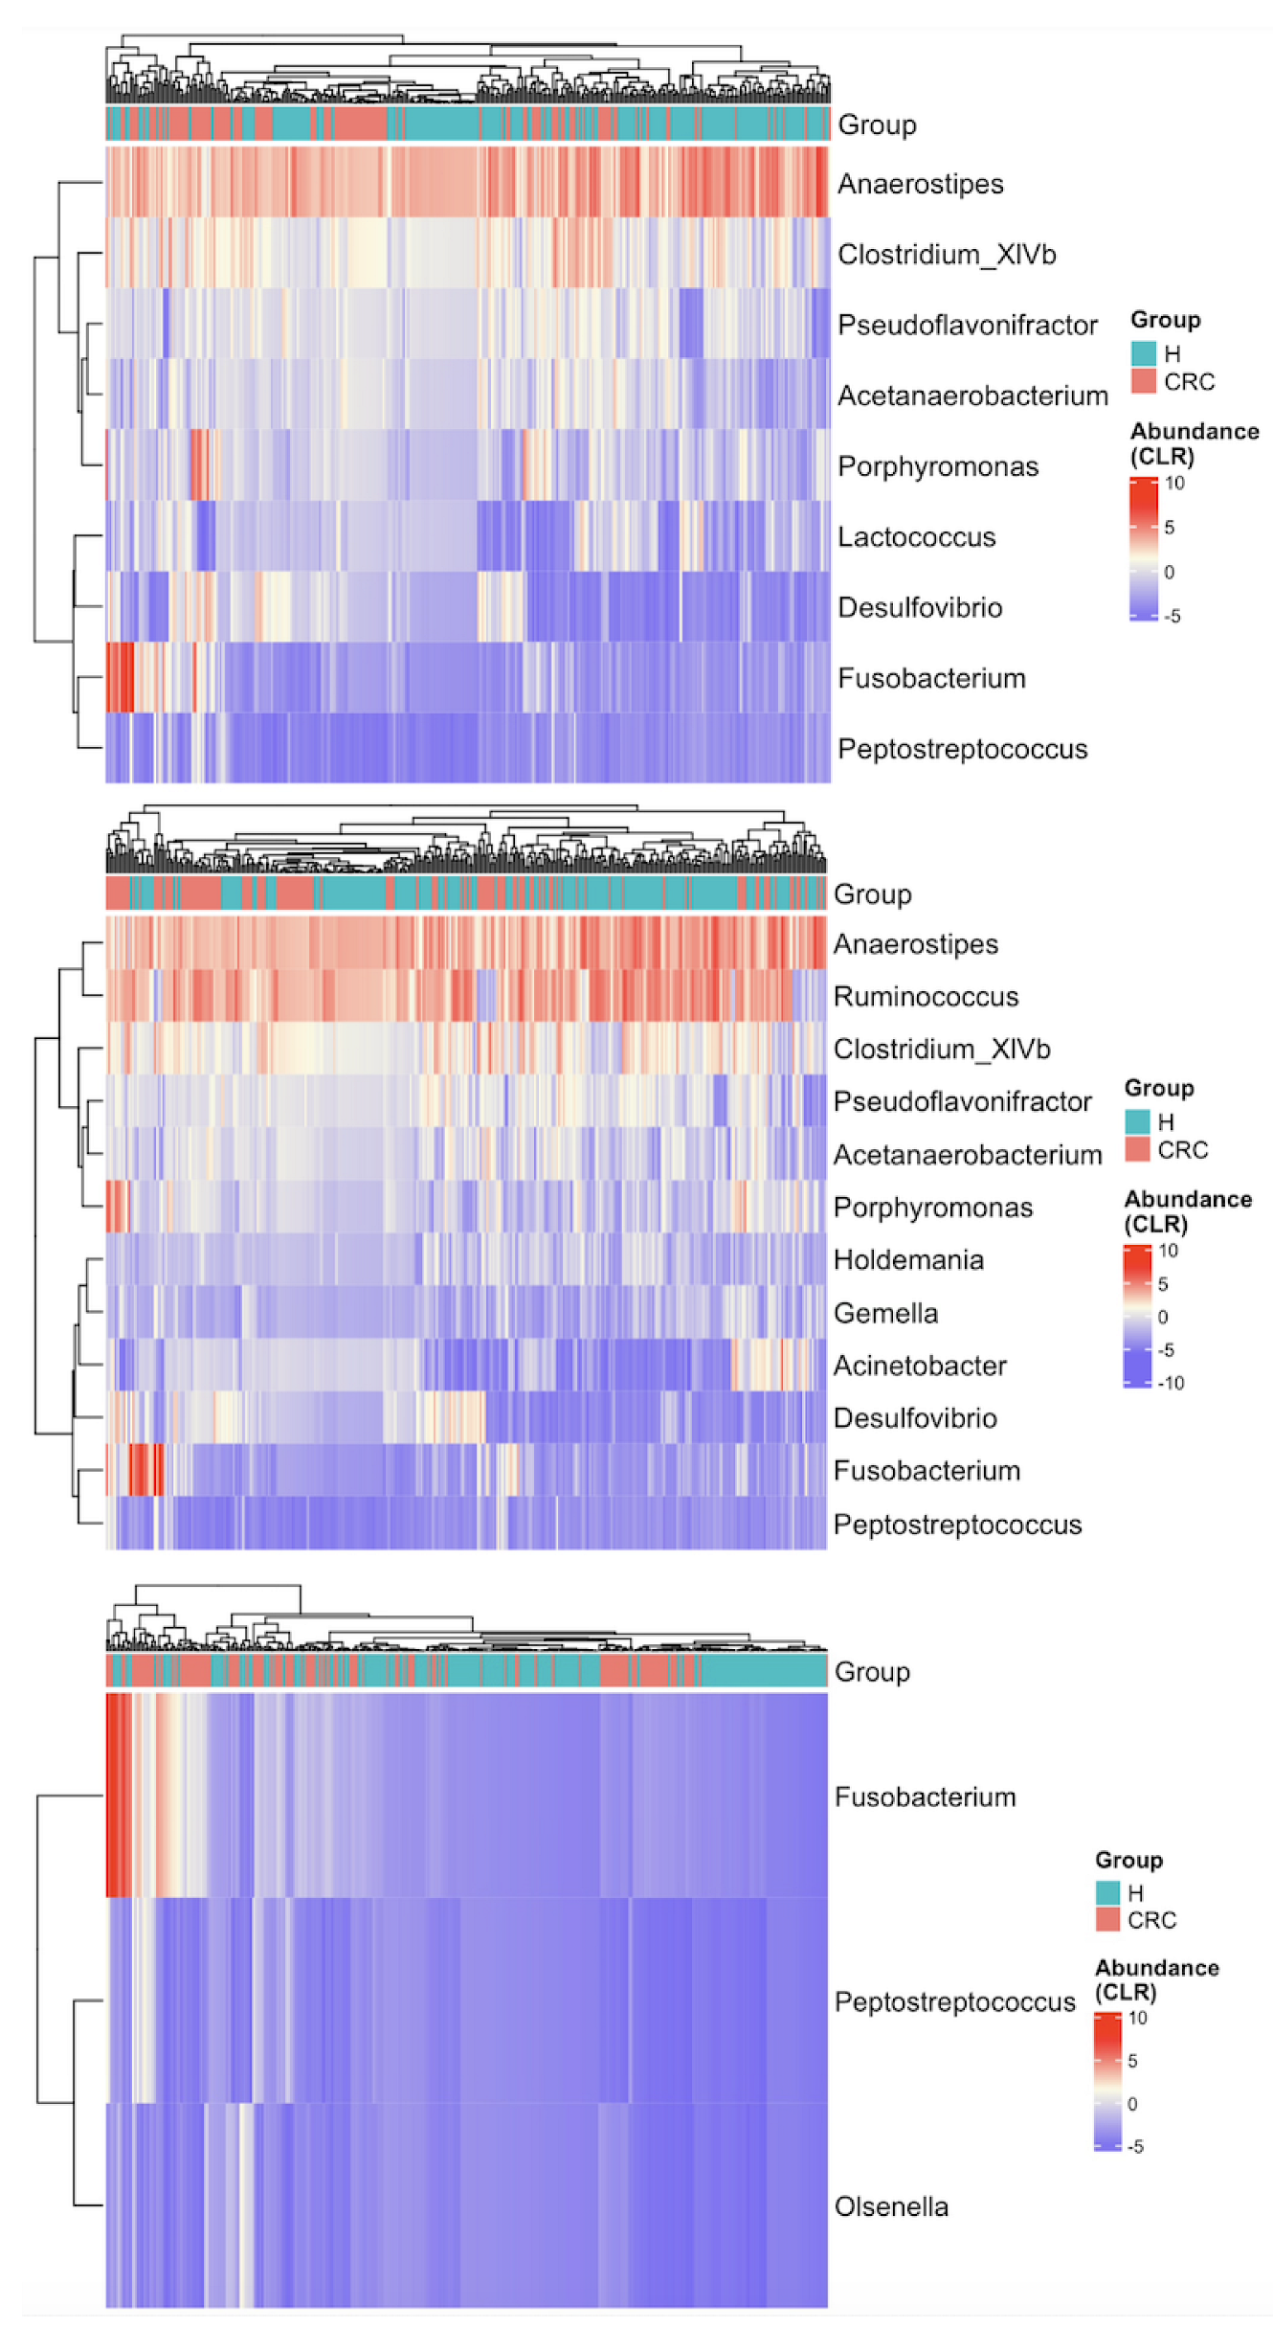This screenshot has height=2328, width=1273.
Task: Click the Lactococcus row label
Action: click(x=916, y=537)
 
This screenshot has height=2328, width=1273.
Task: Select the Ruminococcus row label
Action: click(x=926, y=997)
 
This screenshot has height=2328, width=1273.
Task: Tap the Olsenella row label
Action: click(x=891, y=2207)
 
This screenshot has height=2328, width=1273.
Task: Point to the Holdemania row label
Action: click(x=908, y=1260)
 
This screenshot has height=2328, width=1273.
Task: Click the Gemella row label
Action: click(x=885, y=1313)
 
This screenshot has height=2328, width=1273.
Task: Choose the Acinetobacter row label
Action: click(x=920, y=1366)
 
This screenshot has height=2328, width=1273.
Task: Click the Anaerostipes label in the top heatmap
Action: click(x=920, y=184)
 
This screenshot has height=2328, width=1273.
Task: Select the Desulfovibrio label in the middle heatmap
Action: click(x=915, y=1418)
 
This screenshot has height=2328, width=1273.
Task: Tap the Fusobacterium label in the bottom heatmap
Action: click(x=925, y=1797)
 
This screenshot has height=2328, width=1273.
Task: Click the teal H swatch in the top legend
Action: click(x=1143, y=353)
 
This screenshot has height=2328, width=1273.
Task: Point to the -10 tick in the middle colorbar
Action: click(x=1172, y=1383)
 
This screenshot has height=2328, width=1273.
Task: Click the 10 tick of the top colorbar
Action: click(x=1174, y=483)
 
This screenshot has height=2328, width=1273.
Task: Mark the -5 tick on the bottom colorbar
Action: click(x=1135, y=2147)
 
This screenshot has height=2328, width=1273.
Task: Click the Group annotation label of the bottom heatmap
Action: click(x=872, y=1672)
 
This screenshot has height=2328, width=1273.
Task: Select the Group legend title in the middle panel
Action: click(x=1159, y=1088)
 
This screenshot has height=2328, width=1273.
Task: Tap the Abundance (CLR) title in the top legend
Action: click(x=1194, y=443)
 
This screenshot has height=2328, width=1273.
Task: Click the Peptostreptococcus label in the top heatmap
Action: click(x=962, y=749)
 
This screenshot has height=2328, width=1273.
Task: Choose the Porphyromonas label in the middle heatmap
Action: click(x=933, y=1208)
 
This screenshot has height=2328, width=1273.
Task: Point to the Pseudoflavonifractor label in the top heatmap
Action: click(x=967, y=326)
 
